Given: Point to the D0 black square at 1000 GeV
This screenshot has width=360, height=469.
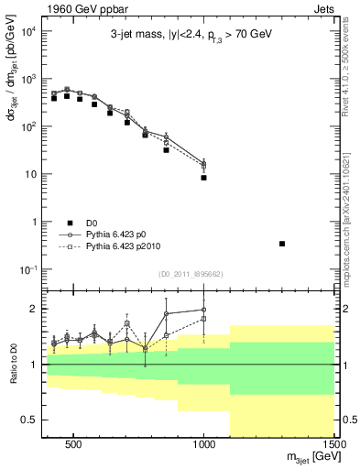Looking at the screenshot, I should click(x=203, y=178).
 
